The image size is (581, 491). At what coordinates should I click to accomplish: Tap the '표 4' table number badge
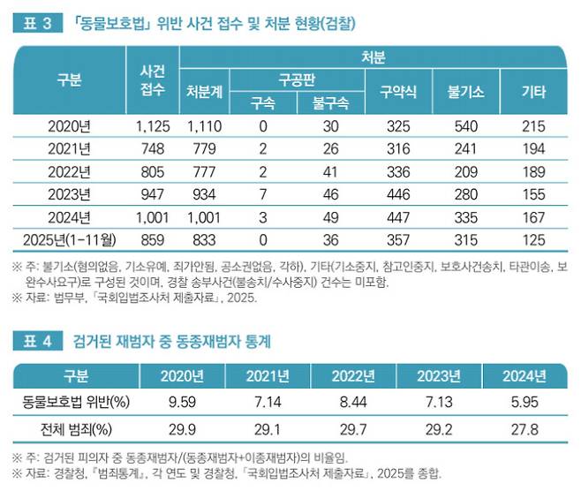(33, 339)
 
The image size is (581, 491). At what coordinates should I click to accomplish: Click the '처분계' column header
(204, 91)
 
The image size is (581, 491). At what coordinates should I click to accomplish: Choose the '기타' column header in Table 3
(534, 91)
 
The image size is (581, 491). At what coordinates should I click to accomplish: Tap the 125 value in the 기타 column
(534, 237)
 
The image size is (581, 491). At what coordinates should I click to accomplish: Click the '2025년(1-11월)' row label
(66, 237)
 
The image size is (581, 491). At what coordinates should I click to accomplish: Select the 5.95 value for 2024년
(524, 404)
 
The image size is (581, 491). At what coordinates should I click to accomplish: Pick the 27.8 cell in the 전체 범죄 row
(524, 431)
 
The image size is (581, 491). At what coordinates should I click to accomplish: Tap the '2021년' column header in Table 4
(263, 376)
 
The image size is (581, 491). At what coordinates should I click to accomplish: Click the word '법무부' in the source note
(68, 298)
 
